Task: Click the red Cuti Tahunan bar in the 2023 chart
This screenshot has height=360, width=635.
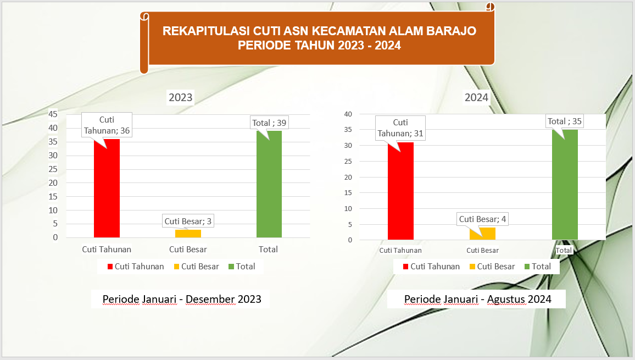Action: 107,188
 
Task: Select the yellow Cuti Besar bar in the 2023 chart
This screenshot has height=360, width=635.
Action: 188,234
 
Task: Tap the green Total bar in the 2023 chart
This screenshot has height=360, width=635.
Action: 269,184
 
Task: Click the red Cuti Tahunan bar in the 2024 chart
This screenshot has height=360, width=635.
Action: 400,191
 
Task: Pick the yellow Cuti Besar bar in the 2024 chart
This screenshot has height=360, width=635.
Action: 482,234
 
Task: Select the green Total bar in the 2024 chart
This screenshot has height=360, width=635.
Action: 565,185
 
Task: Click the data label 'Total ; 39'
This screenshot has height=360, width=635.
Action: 269,123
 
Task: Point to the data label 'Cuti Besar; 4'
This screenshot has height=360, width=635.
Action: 482,219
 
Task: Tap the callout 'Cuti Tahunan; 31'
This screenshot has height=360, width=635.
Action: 400,128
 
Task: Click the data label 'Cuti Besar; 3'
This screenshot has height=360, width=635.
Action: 188,221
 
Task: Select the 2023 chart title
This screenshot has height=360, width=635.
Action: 181,98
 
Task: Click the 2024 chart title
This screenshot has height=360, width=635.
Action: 476,98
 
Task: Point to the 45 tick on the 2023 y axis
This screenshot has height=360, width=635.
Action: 53,114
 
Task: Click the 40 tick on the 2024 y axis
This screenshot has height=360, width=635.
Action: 348,114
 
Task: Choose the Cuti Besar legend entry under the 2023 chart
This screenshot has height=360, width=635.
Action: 197,267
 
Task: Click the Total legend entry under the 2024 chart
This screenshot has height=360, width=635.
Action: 538,267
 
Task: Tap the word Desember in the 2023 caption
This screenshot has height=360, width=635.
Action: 210,299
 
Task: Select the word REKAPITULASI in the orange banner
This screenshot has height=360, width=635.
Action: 206,31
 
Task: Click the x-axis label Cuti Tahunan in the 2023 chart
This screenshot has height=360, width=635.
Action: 107,250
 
